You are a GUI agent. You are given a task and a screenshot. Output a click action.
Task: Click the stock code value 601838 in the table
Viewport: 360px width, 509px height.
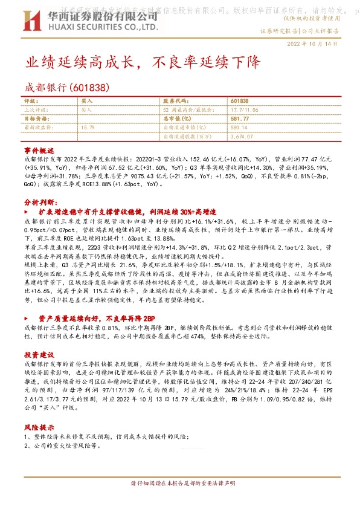pos(240,101)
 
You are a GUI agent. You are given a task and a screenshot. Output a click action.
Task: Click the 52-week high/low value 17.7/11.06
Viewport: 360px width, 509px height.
pos(246,110)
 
